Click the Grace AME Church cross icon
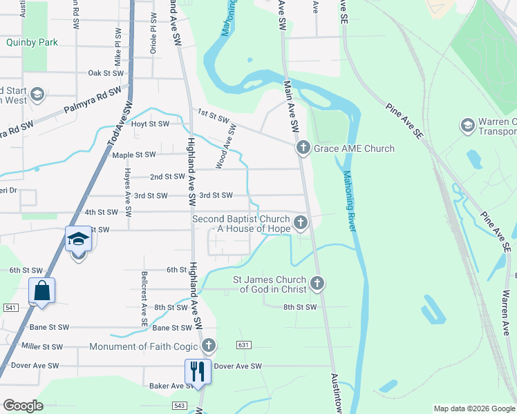point(303,148)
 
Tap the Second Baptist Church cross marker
point(300,222)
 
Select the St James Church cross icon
point(317,283)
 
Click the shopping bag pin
point(42,291)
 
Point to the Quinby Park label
point(32,42)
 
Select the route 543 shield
point(180,406)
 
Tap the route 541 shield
point(10,306)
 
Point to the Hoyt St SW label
point(150,124)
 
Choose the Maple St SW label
point(134,155)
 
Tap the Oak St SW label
point(105,72)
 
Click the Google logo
point(23,406)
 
